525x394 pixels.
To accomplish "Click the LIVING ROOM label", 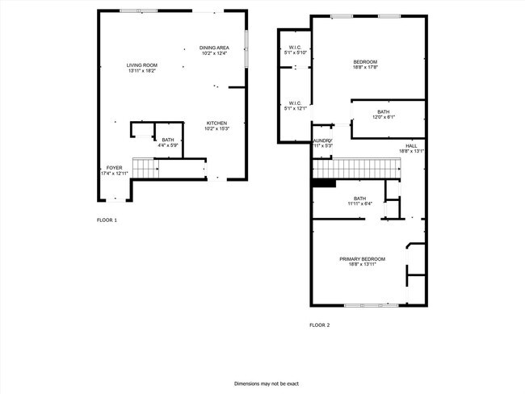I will tap(141, 65).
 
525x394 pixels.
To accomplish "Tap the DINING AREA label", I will tap(214, 48).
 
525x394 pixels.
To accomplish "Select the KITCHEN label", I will tap(216, 123).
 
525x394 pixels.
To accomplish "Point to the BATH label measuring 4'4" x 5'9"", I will tap(168, 140).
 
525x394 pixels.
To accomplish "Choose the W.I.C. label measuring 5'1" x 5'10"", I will tap(296, 48).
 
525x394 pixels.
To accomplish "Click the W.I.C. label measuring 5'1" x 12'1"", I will tap(296, 103).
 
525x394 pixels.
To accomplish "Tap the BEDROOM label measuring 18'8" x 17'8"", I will tap(365, 62).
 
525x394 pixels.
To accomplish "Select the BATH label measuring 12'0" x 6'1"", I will tap(383, 112).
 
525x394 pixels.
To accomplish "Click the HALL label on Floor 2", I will tap(411, 146).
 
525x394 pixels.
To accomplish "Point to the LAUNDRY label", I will tap(323, 140).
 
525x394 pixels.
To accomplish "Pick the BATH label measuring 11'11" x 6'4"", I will tap(359, 199).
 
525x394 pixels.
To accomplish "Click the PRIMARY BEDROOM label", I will tap(362, 258).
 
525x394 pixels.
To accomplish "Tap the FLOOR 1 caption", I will tap(107, 220).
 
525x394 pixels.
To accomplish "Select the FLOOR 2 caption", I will tap(319, 325).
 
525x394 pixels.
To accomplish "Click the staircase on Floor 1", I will tap(143, 168).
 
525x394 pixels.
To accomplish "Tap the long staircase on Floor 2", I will tap(357, 168).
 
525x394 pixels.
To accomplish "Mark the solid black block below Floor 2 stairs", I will tap(324, 183).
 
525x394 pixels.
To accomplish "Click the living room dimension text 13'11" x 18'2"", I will tap(141, 71).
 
